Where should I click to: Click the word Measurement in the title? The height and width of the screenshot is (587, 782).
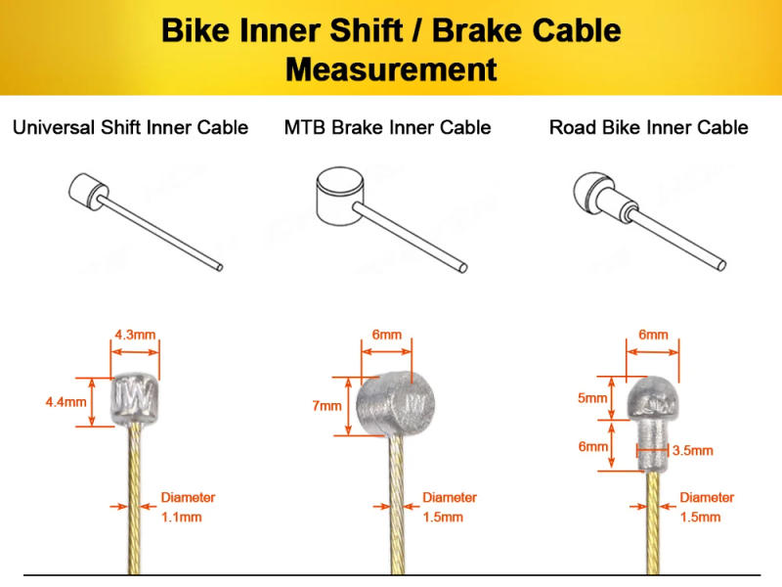[391, 69]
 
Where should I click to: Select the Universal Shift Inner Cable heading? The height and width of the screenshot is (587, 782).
[130, 128]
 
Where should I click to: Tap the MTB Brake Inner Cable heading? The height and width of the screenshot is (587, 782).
[388, 128]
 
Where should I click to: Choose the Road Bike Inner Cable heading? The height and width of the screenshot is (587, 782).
[648, 128]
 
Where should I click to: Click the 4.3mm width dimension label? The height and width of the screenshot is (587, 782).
[135, 334]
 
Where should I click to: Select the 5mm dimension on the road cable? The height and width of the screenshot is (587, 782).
[592, 399]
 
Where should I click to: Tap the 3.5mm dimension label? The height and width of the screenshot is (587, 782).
[692, 451]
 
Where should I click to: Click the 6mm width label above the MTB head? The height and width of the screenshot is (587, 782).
[386, 335]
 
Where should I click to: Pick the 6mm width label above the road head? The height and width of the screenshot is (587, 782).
[653, 335]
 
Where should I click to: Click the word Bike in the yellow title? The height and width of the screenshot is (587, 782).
[194, 30]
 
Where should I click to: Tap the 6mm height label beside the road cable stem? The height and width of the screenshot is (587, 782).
[592, 446]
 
